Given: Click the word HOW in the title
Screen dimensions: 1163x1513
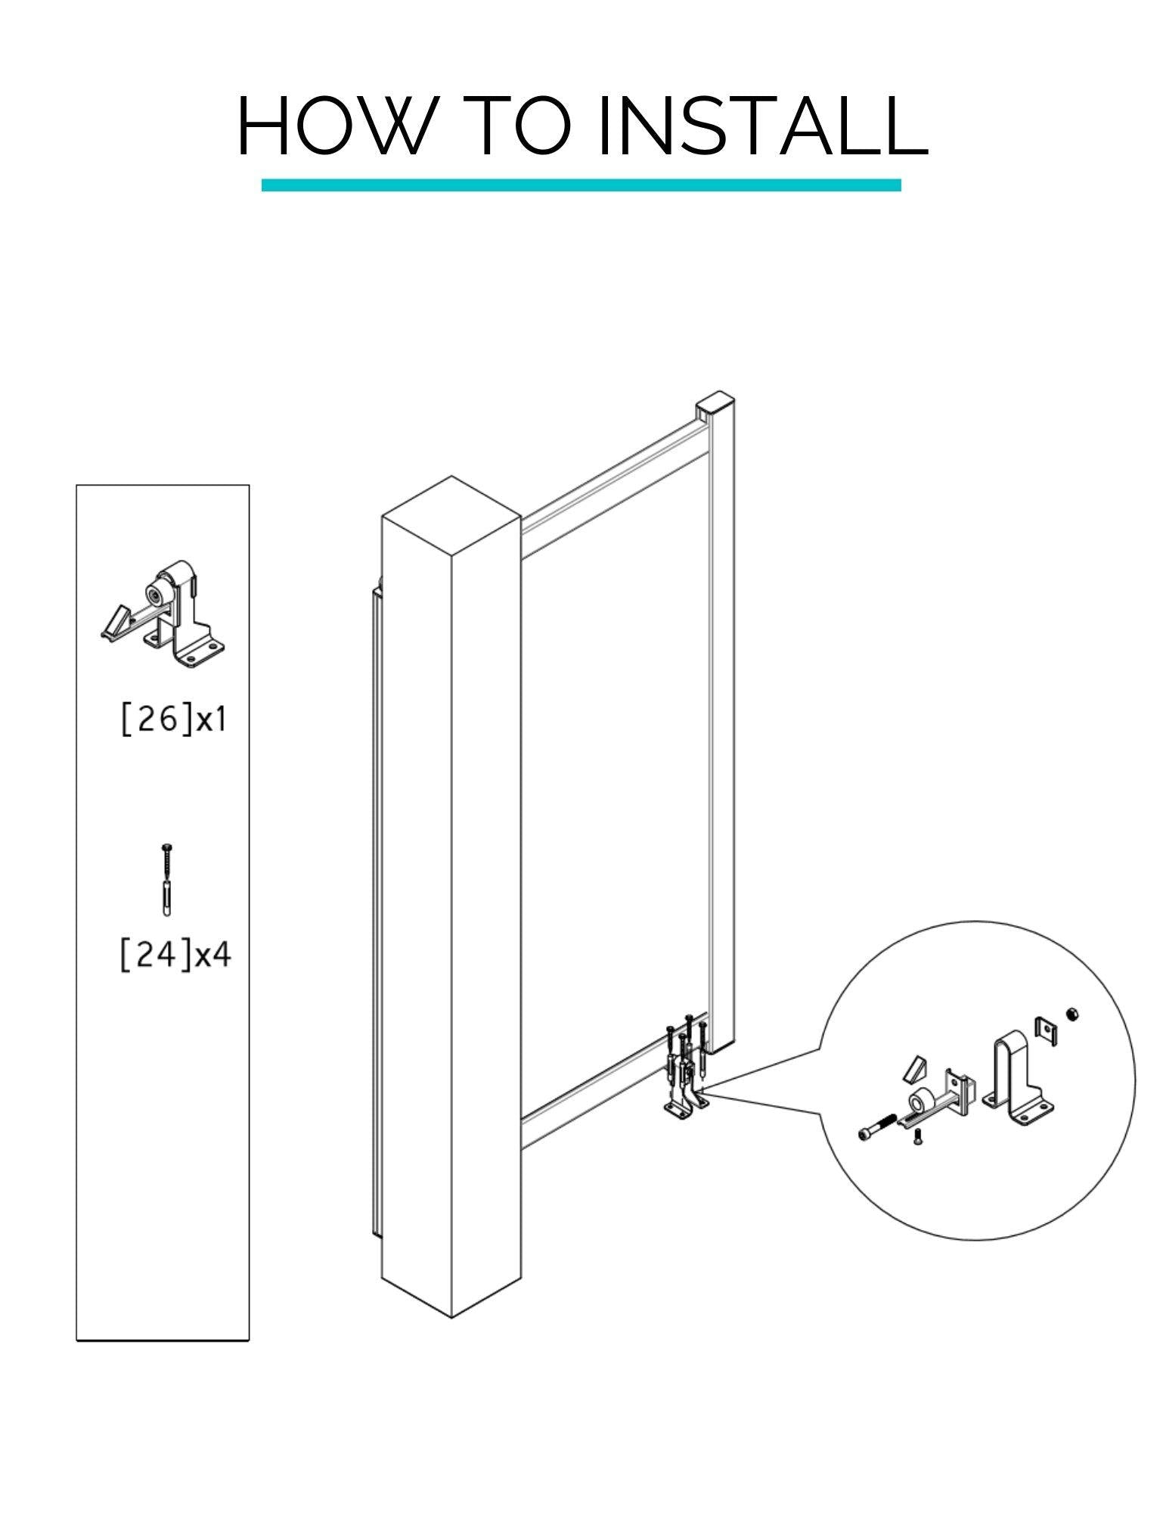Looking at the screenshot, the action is tap(330, 126).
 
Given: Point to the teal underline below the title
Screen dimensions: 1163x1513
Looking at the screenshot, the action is tap(581, 185).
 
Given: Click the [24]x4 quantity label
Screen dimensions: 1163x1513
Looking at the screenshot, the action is tap(175, 954).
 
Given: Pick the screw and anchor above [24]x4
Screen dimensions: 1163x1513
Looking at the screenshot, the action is tap(167, 879).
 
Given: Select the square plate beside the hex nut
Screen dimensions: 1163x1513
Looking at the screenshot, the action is tap(1044, 1030).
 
